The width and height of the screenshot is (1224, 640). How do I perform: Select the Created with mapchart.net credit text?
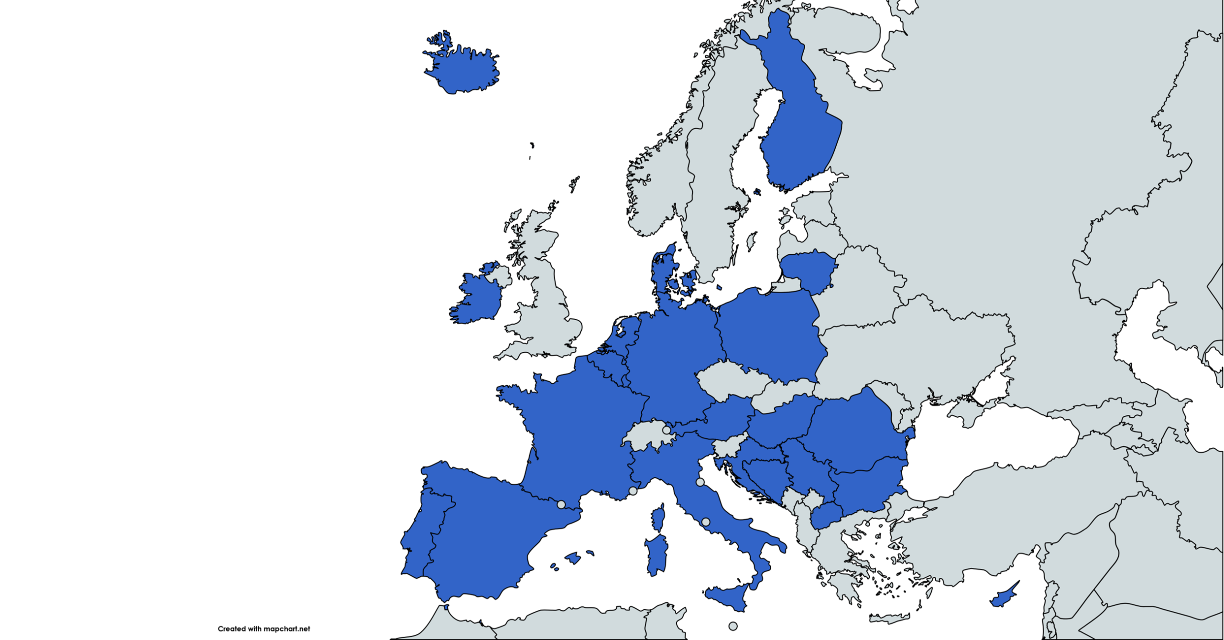coord(263,629)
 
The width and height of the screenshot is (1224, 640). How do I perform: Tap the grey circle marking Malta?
coord(732,626)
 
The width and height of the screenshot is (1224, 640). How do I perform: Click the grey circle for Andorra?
coord(561,504)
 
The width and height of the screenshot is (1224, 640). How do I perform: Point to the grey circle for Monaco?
coord(633,491)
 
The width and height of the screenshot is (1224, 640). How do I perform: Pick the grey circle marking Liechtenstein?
coord(666,430)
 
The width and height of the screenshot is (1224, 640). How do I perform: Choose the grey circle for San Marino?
coord(700,482)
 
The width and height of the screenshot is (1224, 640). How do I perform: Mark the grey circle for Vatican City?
coord(705,522)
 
